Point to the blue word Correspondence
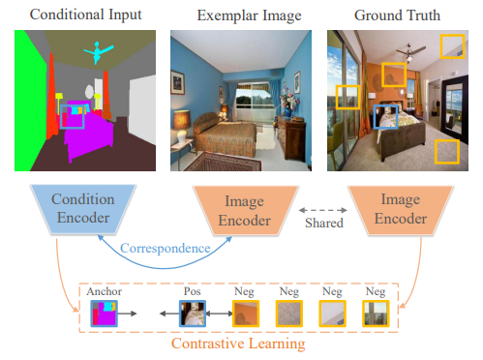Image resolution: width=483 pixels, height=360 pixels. click(x=165, y=248)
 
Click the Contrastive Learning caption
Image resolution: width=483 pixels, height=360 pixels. click(x=239, y=344)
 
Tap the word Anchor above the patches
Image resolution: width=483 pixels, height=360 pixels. click(x=103, y=290)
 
